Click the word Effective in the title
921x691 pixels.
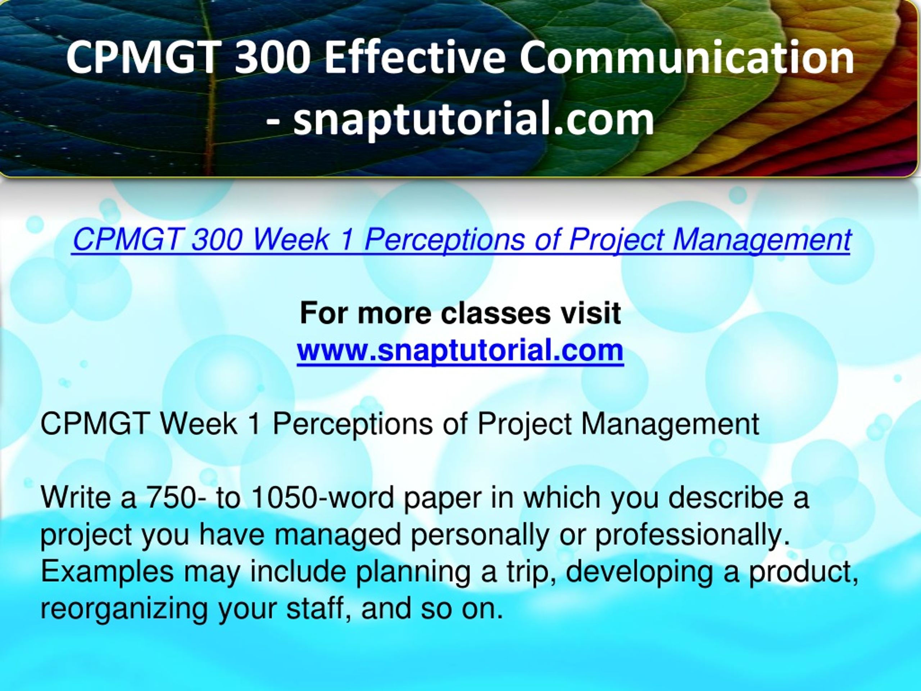coord(415,57)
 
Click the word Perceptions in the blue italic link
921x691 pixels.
coord(444,240)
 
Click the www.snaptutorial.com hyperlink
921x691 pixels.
coord(460,350)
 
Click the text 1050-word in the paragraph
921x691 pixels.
coord(323,497)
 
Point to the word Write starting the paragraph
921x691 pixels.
coord(76,497)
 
